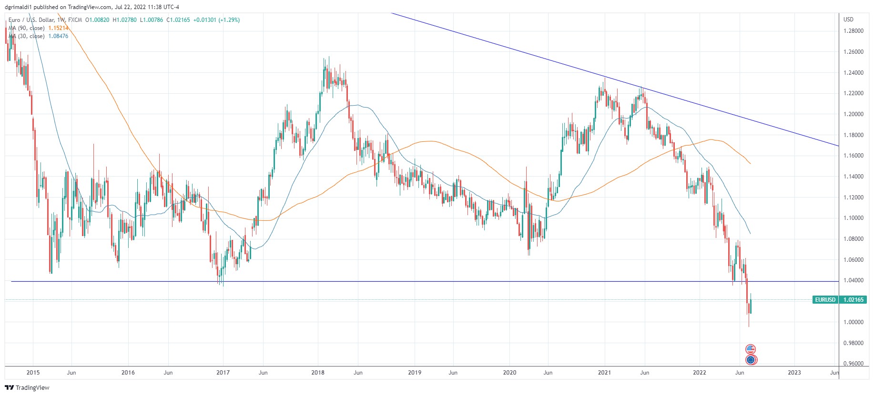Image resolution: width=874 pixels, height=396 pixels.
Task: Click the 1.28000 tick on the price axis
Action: coord(853,31)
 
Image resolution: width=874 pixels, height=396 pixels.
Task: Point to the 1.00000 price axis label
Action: coord(853,322)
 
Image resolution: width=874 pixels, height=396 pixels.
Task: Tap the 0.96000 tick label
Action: coord(853,364)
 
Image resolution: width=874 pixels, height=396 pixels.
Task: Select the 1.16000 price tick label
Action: coord(853,156)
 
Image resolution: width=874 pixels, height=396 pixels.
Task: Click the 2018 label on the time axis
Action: coord(318,373)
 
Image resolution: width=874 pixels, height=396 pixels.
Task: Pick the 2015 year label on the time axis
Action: coord(33,373)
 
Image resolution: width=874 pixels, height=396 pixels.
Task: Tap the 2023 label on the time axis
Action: coord(794,373)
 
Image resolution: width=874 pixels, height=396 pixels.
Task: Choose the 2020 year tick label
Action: coord(509,373)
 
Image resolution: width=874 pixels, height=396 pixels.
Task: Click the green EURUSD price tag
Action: coord(825,300)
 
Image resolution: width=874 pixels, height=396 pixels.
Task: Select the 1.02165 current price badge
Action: coord(853,300)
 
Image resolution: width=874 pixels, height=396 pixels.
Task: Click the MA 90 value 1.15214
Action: coord(58,28)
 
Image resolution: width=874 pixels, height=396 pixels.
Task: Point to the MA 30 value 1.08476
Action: coord(58,36)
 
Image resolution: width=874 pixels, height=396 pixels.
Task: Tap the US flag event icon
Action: coord(751,349)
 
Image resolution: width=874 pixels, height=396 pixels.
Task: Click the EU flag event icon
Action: coord(751,360)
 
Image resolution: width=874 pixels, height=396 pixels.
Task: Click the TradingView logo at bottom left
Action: coord(27,387)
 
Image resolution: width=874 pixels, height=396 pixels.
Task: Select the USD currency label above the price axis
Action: coord(848,20)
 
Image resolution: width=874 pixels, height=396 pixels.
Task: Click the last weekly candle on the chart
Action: coord(751,305)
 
